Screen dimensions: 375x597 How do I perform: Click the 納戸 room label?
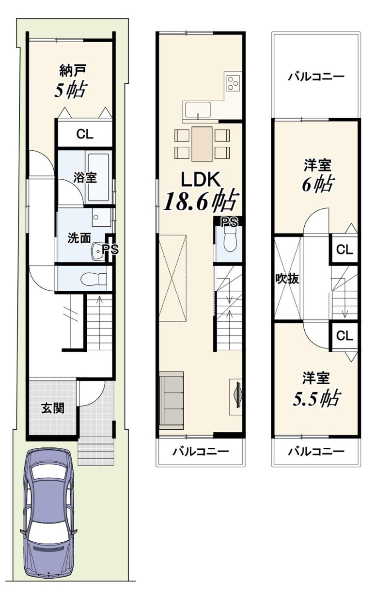coord(72,70)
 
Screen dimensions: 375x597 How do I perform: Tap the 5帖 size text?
coord(71,89)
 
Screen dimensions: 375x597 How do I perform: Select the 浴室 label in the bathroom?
coord(85,177)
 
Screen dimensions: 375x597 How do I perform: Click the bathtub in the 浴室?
coord(98,177)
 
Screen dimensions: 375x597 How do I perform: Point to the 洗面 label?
coord(79,238)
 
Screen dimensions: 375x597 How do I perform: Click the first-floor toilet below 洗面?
coord(94,279)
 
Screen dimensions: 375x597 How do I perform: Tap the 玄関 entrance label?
coord(52,408)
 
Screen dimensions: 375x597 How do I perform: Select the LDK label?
coord(201,179)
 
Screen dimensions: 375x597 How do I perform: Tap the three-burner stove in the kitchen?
coord(233,82)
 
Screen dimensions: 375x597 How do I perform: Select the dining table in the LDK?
coord(202,144)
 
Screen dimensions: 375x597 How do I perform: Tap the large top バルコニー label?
coord(316,78)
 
